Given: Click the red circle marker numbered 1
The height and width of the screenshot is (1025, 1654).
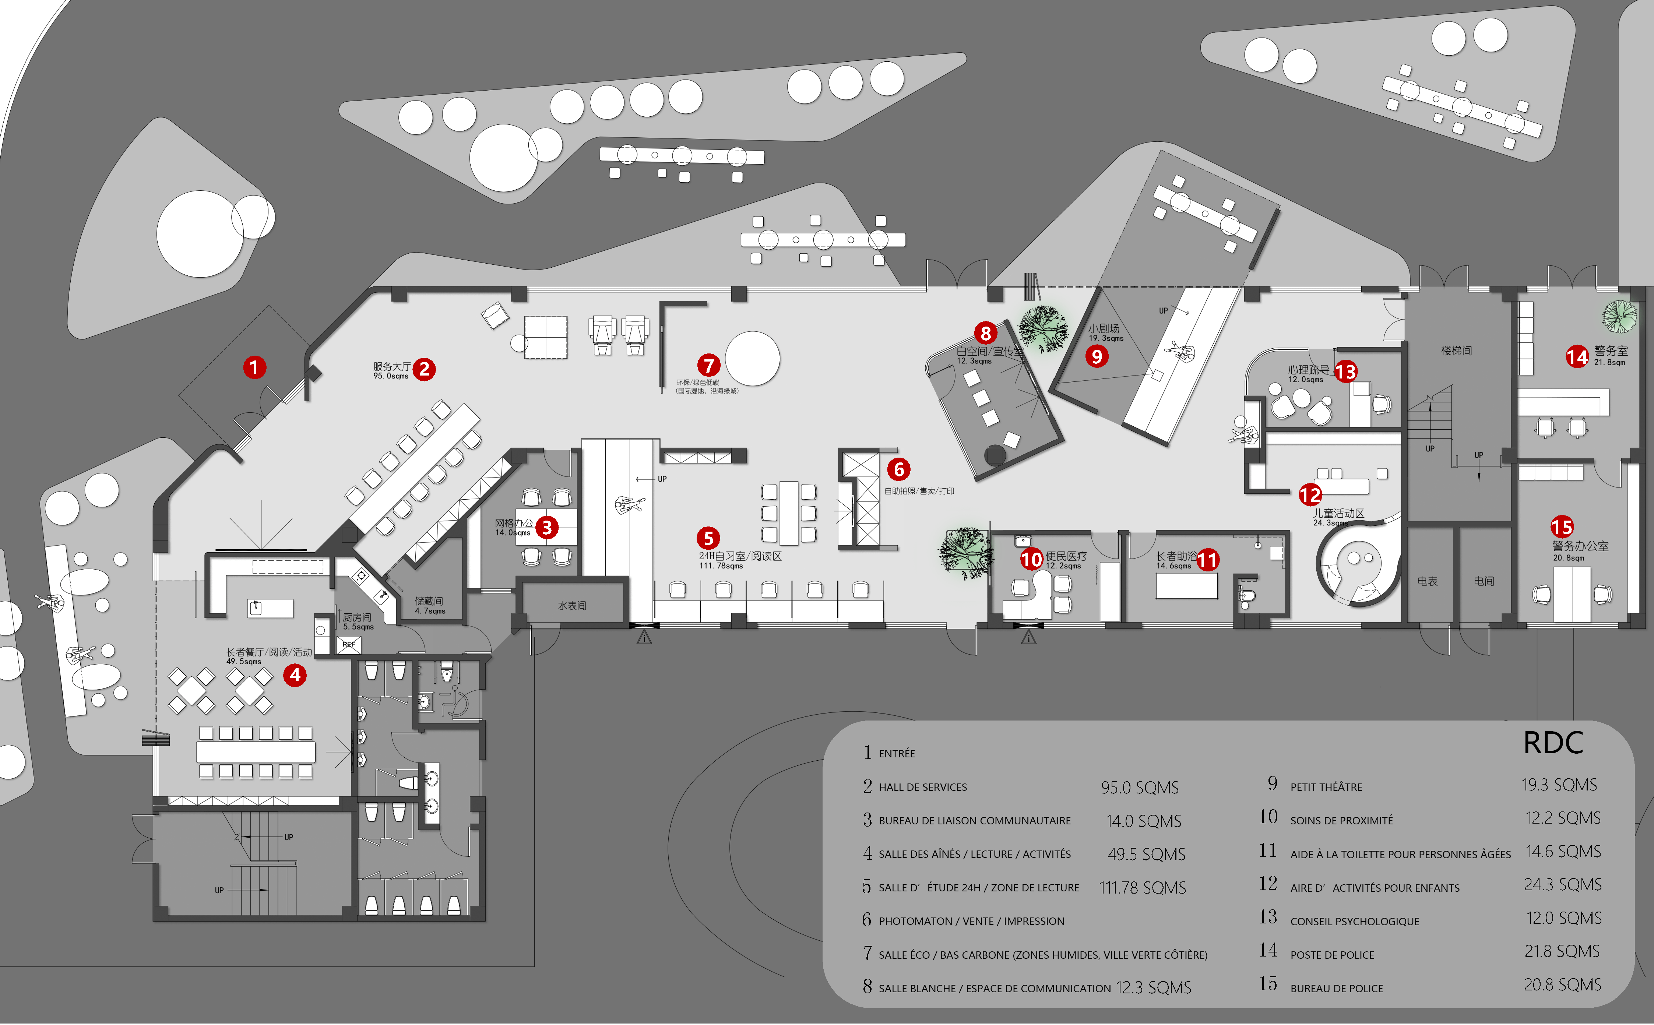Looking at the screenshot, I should tap(254, 367).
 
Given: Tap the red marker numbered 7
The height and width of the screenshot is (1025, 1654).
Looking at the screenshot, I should tap(708, 365).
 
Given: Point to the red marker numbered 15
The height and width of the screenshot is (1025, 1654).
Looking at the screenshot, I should tap(1562, 527).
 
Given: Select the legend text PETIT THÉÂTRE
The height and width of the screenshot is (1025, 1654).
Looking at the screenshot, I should tap(1326, 787).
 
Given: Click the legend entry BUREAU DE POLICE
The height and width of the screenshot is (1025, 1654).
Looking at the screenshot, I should tap(1336, 989).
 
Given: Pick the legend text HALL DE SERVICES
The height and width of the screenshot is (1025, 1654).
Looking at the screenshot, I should tap(923, 787).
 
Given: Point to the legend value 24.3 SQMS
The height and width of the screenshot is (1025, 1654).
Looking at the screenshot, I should tap(1562, 885).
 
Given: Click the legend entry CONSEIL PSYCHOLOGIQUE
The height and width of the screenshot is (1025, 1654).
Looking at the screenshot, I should tap(1354, 921).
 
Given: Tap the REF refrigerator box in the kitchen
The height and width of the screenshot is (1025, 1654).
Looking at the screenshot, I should tap(348, 644).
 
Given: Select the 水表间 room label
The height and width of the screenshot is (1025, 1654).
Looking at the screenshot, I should tap(571, 605).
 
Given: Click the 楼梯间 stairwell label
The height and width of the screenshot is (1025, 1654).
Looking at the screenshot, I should tap(1456, 351).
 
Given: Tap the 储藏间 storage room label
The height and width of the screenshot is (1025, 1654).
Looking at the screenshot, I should tap(429, 601).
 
